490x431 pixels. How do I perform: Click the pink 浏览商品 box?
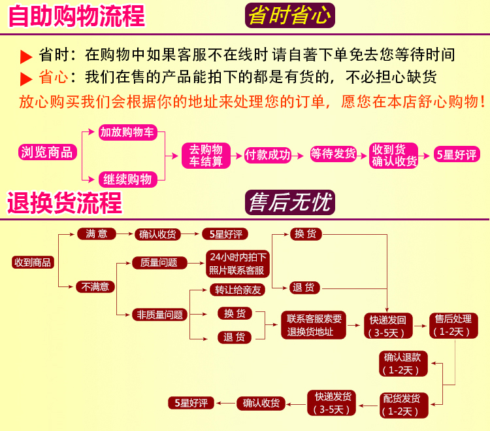(48, 152)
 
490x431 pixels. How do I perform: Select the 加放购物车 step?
(128, 132)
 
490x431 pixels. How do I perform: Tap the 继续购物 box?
(128, 179)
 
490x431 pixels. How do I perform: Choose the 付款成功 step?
(267, 154)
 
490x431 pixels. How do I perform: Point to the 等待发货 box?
(333, 154)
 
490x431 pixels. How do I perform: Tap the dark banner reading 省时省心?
(289, 15)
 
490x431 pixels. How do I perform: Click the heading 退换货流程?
(65, 203)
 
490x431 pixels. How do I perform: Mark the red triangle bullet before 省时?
(26, 56)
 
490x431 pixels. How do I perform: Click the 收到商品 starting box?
(33, 262)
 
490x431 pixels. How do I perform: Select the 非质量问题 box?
(159, 315)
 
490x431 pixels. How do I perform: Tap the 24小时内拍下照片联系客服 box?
(237, 264)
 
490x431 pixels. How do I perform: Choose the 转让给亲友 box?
(238, 290)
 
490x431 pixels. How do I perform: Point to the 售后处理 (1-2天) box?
(453, 325)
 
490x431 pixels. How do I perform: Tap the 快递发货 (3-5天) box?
(333, 403)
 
